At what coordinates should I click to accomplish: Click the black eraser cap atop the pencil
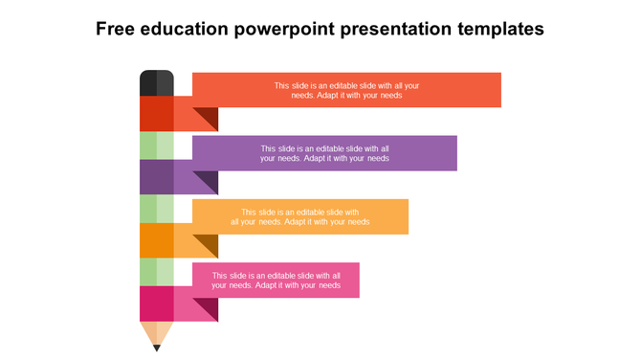pos(157,83)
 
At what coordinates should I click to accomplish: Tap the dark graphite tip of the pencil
pos(157,348)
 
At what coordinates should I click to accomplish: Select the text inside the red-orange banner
pos(346,90)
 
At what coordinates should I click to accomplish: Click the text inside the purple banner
pos(324,153)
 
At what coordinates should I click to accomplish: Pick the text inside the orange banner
pos(300,216)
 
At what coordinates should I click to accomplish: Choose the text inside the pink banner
pos(276,280)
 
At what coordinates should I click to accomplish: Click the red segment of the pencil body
pos(157,114)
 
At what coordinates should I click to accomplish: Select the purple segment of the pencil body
pos(157,177)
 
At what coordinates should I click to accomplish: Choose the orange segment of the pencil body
pos(157,240)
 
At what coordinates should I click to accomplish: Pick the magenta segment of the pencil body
pos(157,304)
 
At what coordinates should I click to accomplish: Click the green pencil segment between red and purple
pos(157,146)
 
